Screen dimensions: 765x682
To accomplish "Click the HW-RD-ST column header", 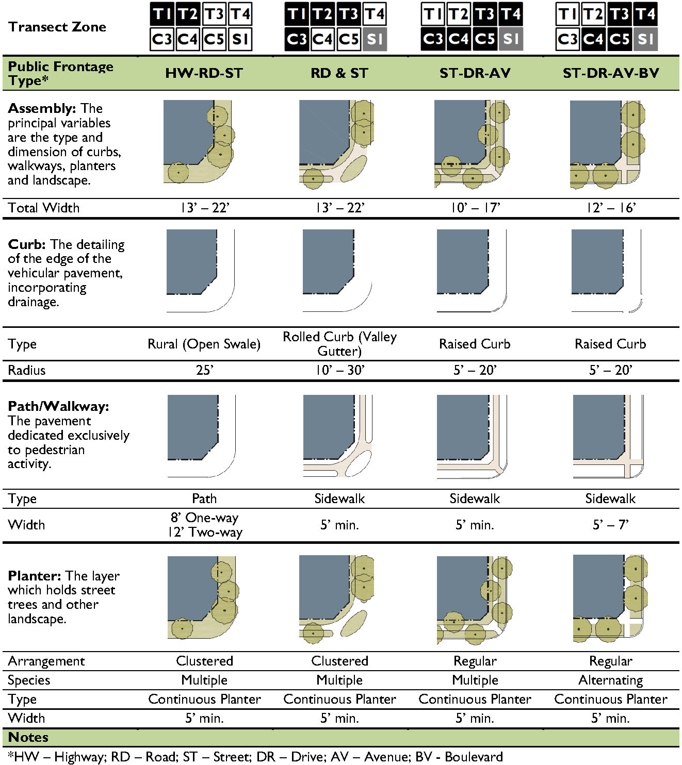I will [204, 73].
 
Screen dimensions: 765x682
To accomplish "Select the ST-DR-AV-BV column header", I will [611, 73].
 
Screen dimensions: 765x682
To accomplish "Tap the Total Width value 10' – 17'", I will [475, 208].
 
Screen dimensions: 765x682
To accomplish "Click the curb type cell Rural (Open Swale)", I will [204, 344].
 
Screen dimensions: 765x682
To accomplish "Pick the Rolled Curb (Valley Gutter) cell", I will [339, 344].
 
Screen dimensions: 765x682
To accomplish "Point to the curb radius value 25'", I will [204, 370].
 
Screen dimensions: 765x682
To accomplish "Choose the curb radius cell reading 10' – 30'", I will [339, 370].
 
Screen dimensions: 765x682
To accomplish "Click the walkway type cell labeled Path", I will [204, 498].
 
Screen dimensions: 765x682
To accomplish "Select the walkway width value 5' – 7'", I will [611, 525].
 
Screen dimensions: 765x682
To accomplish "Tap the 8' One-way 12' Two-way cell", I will [205, 525].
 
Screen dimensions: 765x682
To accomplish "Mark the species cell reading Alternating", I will [611, 680].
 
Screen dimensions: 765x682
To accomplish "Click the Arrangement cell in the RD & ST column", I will [339, 661].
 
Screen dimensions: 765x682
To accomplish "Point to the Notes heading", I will [28, 737].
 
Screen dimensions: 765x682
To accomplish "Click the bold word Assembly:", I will [42, 109].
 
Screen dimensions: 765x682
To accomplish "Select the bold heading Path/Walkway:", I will [58, 407].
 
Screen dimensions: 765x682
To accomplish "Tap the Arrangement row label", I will [46, 661].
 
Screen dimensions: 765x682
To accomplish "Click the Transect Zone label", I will [57, 27].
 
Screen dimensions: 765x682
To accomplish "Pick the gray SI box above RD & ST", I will [375, 39].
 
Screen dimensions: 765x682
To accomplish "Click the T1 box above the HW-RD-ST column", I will [162, 14].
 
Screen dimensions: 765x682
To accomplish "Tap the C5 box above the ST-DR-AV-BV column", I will [620, 39].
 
